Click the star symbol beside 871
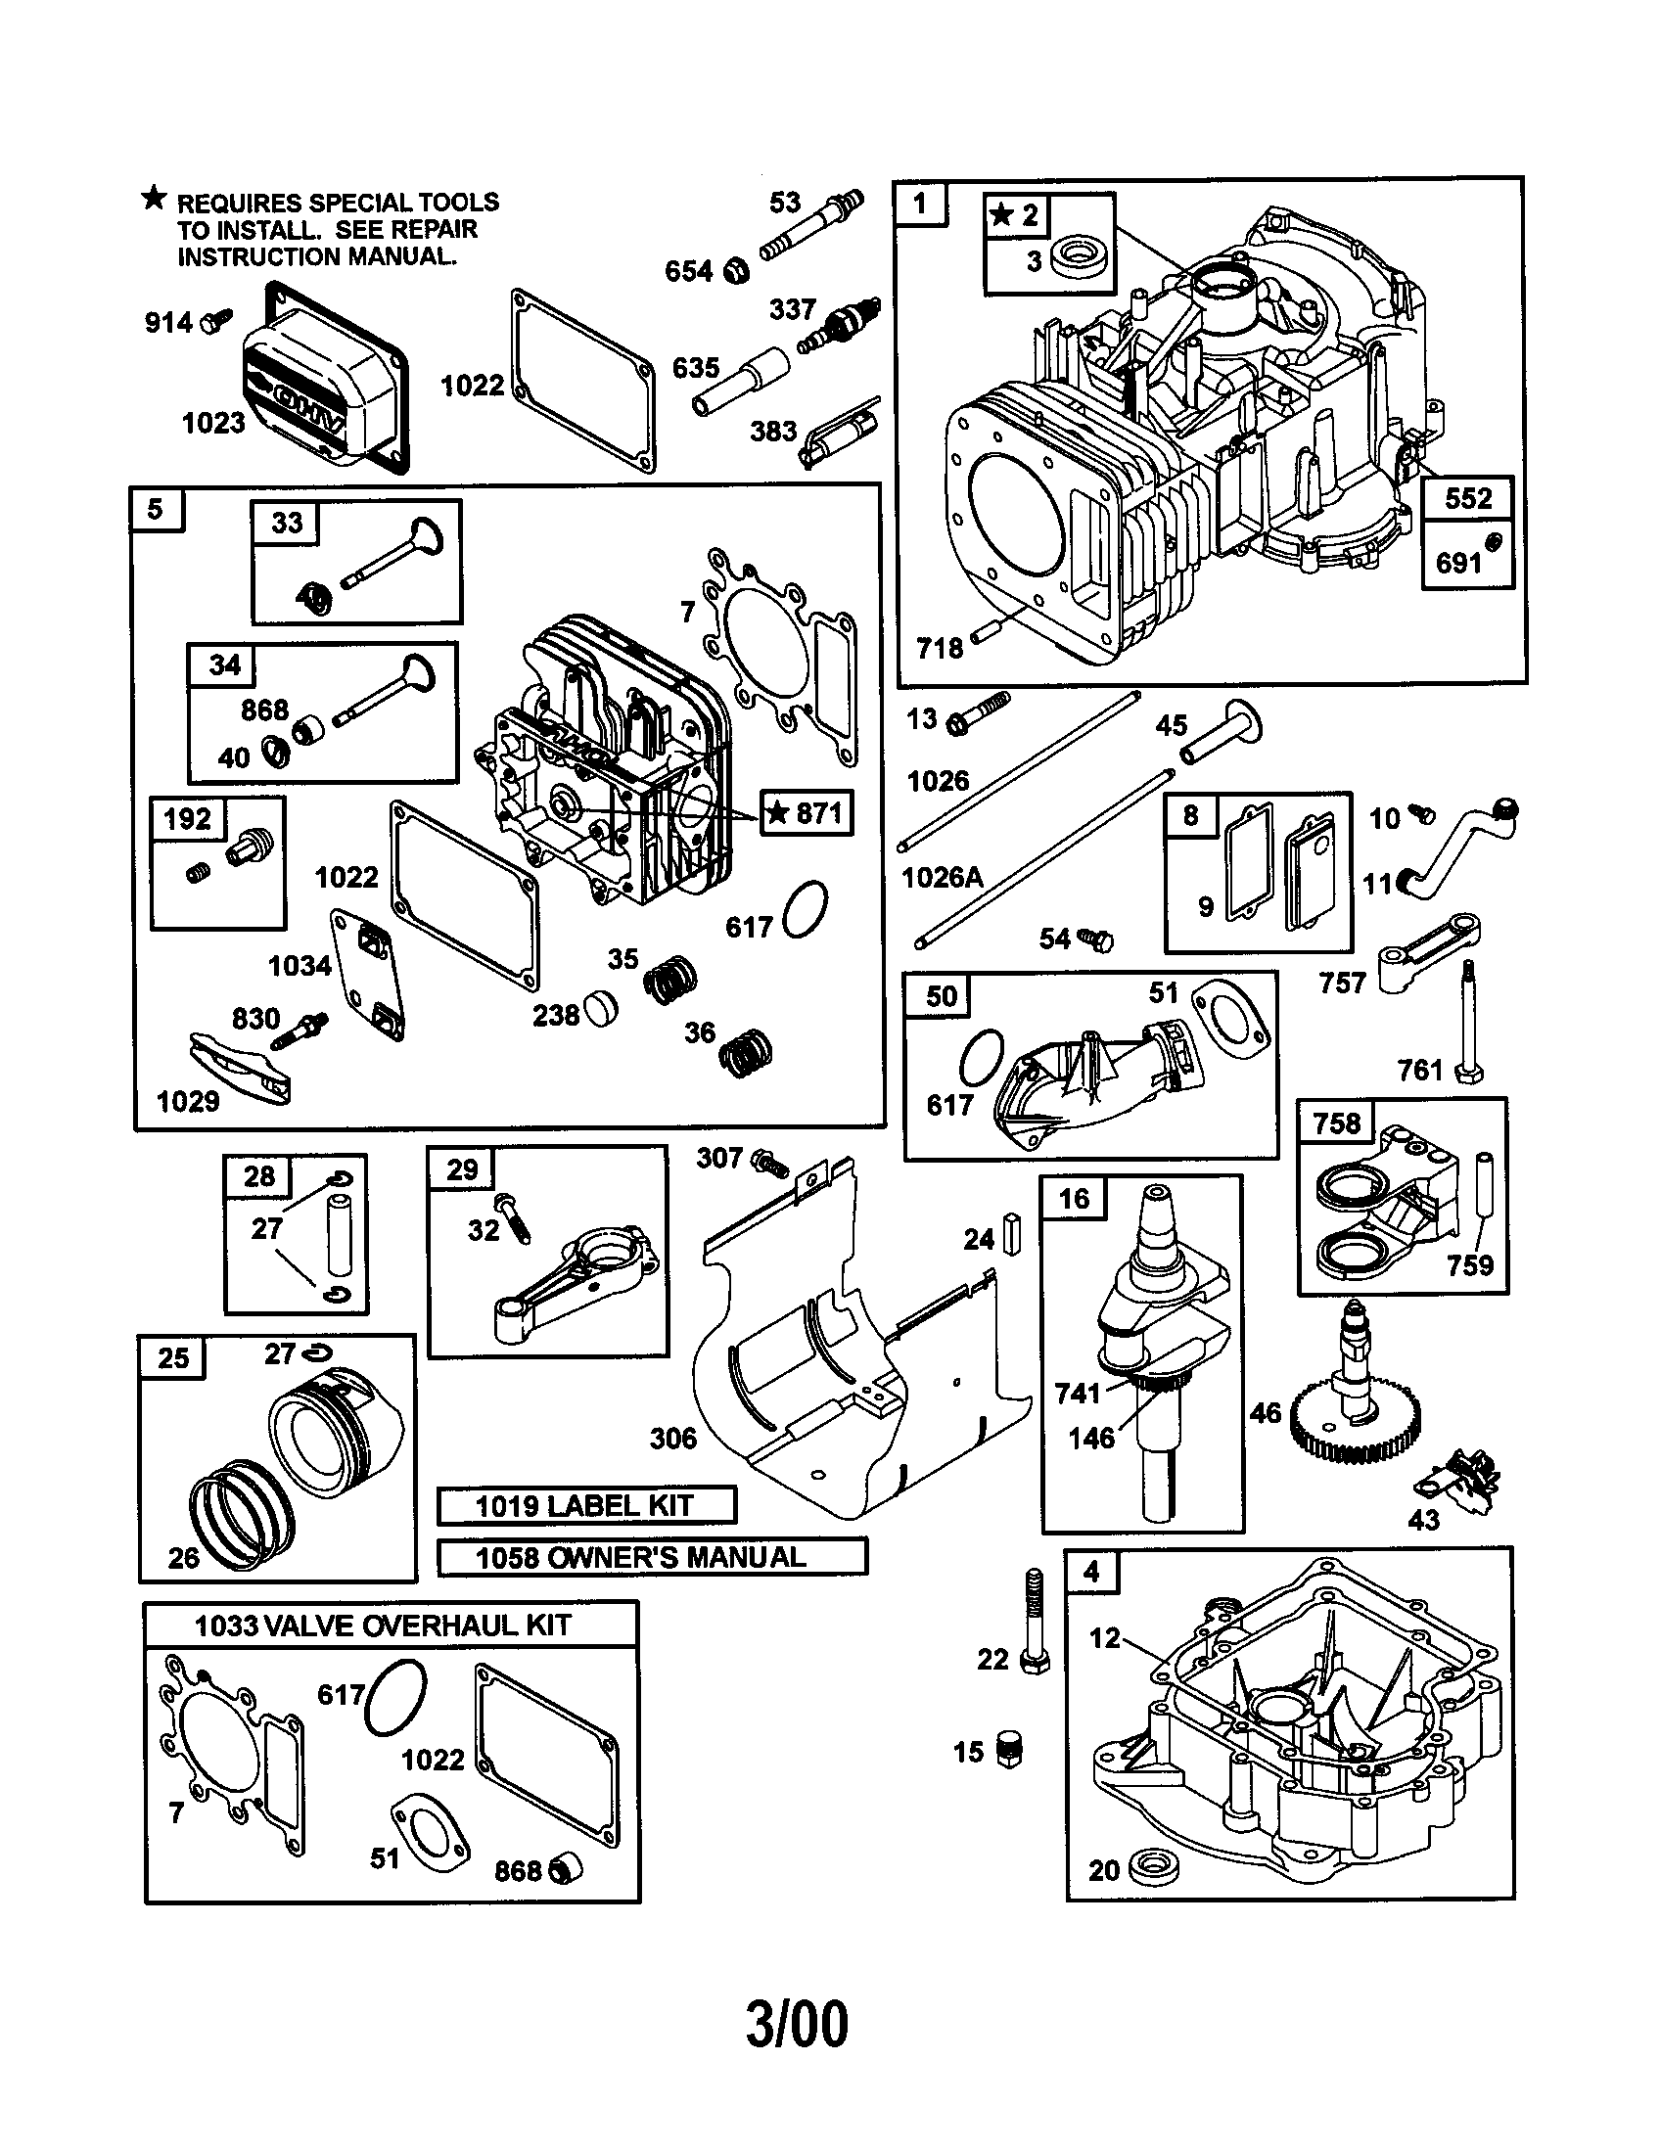pos(778,812)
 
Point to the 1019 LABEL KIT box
pos(585,1505)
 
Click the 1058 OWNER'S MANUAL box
pos(651,1557)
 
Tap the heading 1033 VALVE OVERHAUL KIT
pos(383,1625)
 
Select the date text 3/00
pos(797,2025)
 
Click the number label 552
pos(1467,498)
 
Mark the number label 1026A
pos(943,877)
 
